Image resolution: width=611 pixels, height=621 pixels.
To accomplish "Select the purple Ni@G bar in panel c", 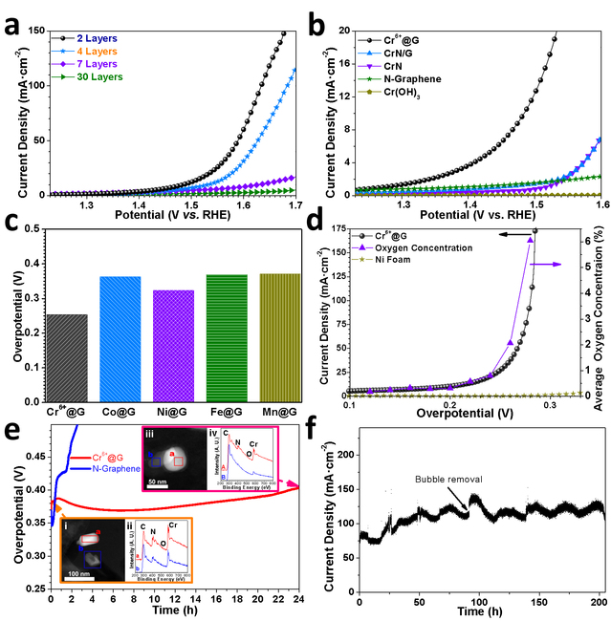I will (x=173, y=330).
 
